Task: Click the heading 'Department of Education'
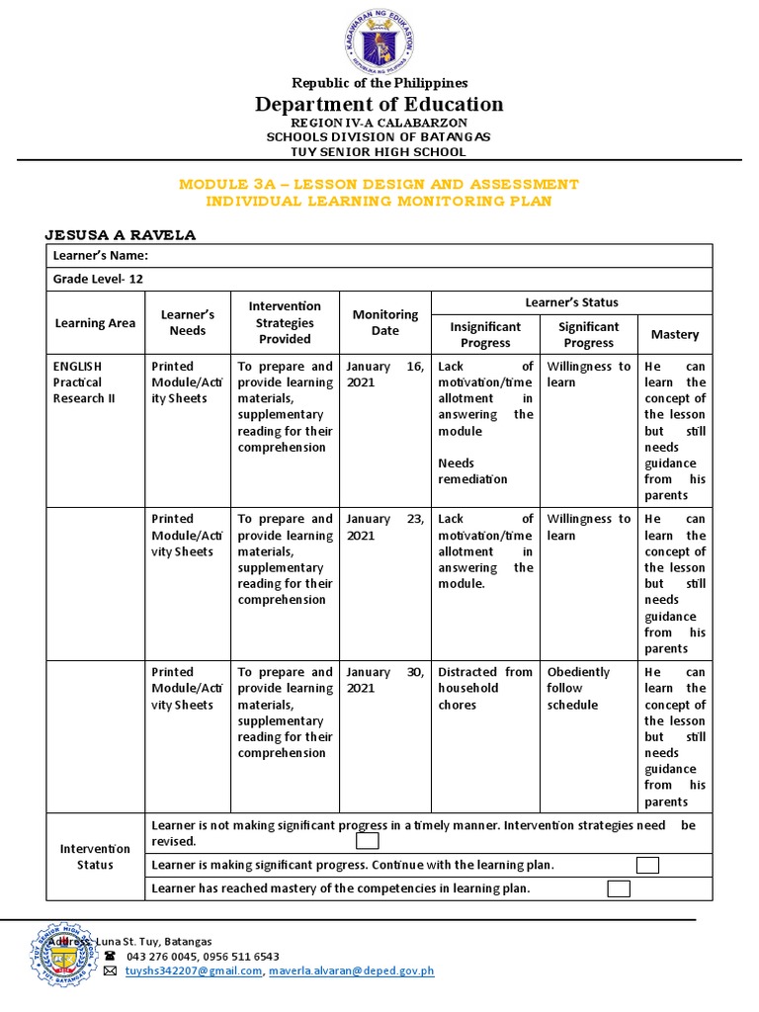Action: click(x=379, y=104)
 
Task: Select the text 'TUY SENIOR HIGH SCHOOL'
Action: click(x=379, y=152)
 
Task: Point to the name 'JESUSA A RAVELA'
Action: click(x=122, y=234)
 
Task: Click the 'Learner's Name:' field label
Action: click(x=100, y=256)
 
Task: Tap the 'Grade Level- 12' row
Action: click(x=98, y=279)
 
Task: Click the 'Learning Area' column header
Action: click(x=95, y=322)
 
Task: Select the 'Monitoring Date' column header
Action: click(x=384, y=322)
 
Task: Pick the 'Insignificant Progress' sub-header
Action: click(x=485, y=334)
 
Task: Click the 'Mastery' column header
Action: click(x=674, y=334)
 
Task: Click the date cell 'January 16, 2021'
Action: click(x=384, y=374)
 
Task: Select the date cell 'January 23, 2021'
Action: click(x=384, y=527)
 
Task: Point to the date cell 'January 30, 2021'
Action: click(x=384, y=680)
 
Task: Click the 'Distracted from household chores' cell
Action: click(x=484, y=688)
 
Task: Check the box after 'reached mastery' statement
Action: click(x=619, y=888)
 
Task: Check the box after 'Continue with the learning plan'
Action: click(x=647, y=865)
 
